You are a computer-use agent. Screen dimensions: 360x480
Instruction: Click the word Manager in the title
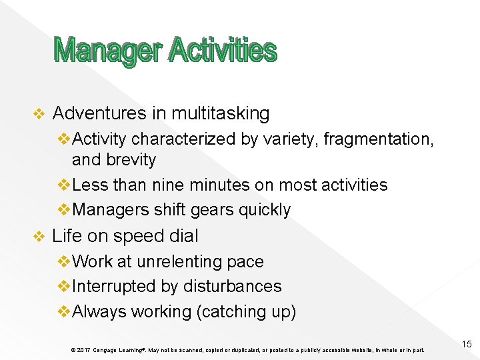[107, 51]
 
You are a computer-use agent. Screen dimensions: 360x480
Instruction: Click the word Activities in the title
[222, 50]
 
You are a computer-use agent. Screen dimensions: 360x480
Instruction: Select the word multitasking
[220, 114]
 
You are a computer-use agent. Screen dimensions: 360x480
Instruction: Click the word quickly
[265, 210]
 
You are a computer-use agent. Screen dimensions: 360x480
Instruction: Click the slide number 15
[466, 344]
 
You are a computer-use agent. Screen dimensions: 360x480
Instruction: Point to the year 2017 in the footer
[83, 349]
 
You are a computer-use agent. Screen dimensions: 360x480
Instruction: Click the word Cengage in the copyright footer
[107, 349]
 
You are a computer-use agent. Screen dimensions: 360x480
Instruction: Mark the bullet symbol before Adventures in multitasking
[38, 114]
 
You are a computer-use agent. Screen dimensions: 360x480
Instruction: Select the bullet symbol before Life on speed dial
[38, 237]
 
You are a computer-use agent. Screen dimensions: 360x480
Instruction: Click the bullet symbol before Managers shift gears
[65, 210]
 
